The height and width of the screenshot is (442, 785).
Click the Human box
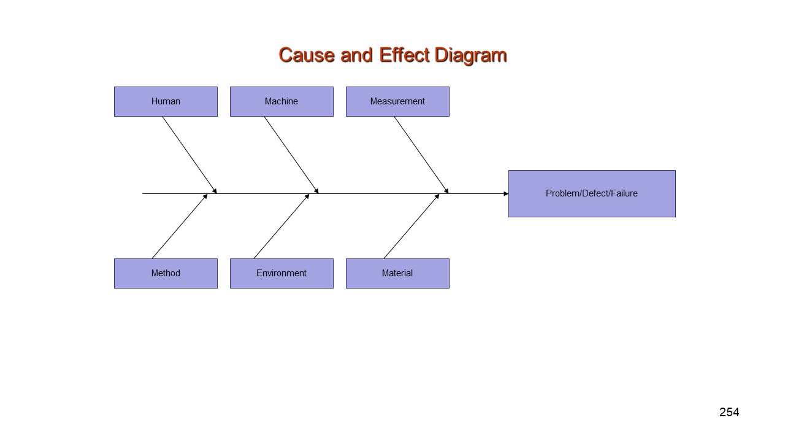166,102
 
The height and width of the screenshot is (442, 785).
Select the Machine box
281,102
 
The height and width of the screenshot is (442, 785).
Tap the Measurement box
397,102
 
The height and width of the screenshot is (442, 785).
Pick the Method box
166,274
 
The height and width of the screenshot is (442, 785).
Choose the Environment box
281,274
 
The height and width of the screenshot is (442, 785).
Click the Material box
397,274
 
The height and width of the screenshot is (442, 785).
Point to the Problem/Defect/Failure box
592,193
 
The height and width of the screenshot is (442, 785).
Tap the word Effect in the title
404,55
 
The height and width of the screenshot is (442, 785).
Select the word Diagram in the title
470,56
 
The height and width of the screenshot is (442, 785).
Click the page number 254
729,412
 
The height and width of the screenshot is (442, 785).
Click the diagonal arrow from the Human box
190,155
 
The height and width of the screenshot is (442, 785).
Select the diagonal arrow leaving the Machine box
291,155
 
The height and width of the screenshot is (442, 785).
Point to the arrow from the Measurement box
421,155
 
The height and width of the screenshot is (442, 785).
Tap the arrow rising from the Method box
180,227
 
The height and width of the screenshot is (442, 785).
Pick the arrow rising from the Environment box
281,227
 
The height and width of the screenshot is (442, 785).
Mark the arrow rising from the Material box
412,227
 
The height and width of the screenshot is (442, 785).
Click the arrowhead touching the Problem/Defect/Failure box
506,193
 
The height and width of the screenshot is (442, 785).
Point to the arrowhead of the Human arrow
215,191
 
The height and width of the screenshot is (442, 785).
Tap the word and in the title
356,55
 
